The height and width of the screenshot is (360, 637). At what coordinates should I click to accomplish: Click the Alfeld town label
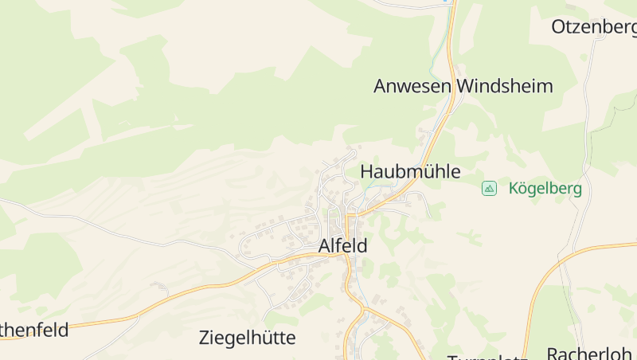click(343, 246)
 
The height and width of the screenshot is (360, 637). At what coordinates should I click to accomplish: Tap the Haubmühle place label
click(410, 171)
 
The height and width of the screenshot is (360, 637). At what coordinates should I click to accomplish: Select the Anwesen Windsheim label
click(463, 86)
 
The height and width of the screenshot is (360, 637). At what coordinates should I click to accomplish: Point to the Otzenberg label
click(594, 27)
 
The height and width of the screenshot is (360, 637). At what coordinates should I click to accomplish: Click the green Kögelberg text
click(545, 189)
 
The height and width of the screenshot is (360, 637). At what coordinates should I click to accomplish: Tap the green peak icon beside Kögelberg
click(489, 189)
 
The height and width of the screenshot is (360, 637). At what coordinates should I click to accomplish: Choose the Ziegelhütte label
click(247, 338)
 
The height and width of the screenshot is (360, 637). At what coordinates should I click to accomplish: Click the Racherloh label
click(589, 353)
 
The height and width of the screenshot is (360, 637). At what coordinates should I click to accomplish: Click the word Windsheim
click(505, 86)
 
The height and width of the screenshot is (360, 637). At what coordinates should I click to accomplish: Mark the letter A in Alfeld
click(325, 246)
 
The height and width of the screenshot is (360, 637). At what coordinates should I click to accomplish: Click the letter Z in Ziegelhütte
click(205, 338)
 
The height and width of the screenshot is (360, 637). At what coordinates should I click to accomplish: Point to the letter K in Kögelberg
click(514, 189)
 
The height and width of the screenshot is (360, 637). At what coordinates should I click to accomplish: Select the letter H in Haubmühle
click(367, 171)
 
